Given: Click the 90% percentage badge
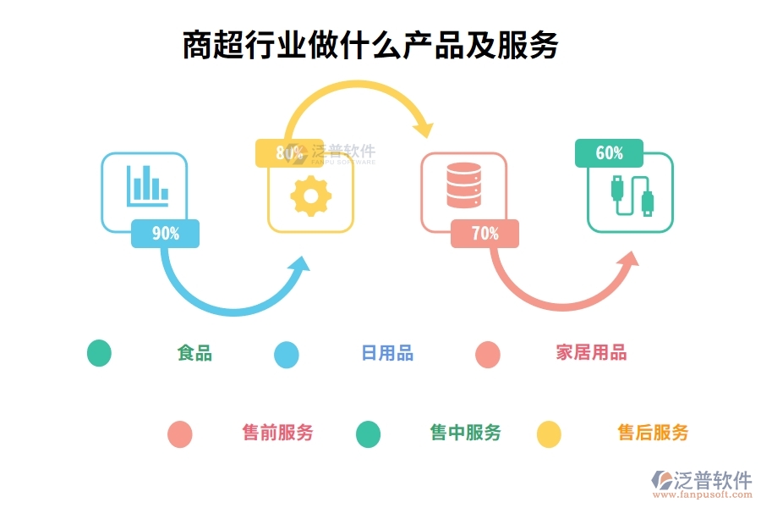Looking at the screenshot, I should click(165, 234).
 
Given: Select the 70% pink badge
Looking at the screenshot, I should click(485, 234).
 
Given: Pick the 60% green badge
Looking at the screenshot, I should click(609, 153).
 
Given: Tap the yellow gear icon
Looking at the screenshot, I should click(310, 196).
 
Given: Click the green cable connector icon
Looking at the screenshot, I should click(631, 196).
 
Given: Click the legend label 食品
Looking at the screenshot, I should click(194, 353).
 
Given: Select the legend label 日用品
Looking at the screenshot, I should click(387, 353).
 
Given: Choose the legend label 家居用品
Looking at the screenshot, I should click(591, 353).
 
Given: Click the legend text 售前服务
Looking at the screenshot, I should click(277, 433).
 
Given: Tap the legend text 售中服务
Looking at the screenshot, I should click(465, 433).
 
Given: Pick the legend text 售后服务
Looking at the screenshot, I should click(653, 433).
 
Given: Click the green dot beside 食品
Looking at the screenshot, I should click(99, 353).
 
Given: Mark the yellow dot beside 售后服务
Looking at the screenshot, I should click(549, 433).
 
